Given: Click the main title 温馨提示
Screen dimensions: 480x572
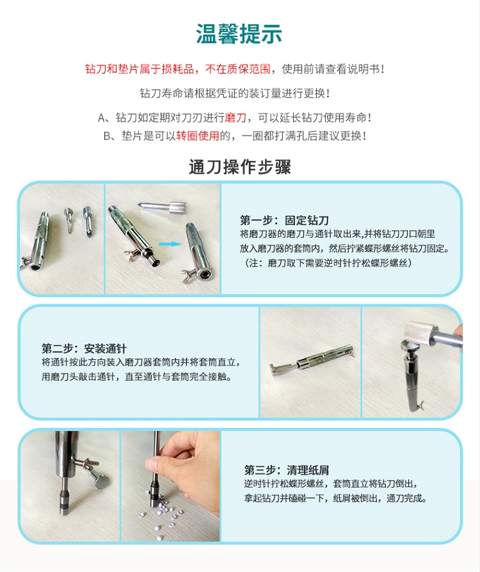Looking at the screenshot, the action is click(x=239, y=35).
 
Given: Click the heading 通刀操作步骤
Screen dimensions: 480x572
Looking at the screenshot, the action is click(x=240, y=167).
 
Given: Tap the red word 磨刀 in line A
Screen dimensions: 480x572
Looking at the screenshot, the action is click(x=236, y=118).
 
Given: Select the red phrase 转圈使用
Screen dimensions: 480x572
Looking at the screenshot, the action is click(x=198, y=136).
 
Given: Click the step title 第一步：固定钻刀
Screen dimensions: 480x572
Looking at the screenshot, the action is click(x=284, y=220).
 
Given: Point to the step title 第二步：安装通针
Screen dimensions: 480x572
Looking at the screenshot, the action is click(x=84, y=348).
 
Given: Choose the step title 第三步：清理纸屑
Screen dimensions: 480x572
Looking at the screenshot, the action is click(x=287, y=470).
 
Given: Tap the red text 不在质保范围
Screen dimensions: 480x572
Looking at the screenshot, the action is click(x=238, y=69).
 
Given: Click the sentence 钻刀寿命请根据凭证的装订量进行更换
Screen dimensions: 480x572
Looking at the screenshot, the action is click(x=235, y=94).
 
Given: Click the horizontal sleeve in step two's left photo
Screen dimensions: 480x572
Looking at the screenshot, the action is click(x=312, y=359).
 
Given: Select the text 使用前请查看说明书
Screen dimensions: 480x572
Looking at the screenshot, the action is click(x=333, y=69).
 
